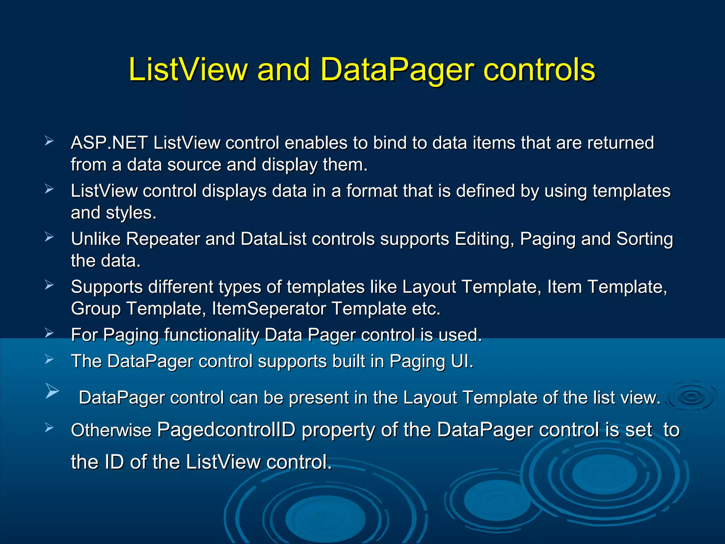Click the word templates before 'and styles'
click(x=631, y=191)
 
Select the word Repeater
click(x=163, y=239)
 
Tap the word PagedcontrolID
click(x=226, y=430)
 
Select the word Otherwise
click(x=111, y=430)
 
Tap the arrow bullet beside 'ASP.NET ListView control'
click(x=49, y=141)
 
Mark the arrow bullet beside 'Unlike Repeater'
click(x=49, y=237)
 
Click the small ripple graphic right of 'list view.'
click(x=691, y=396)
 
